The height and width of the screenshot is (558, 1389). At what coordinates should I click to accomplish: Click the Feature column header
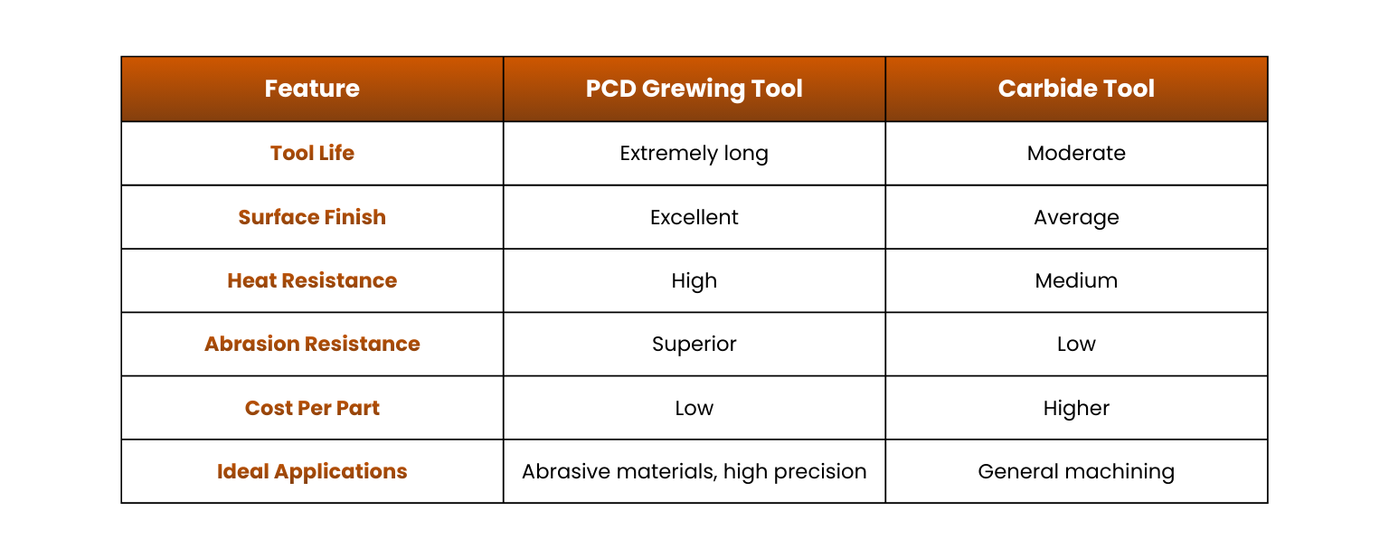click(x=312, y=89)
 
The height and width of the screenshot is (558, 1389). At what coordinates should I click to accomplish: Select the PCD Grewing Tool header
click(x=694, y=90)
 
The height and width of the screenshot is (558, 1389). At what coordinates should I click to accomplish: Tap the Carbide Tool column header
click(x=1076, y=89)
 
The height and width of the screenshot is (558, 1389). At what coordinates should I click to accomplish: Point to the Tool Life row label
click(x=312, y=153)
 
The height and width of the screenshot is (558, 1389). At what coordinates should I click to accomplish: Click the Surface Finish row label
click(x=312, y=217)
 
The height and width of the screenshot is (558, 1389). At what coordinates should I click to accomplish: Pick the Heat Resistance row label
click(x=312, y=280)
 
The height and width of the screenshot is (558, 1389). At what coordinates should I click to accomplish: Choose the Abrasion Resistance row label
click(x=312, y=344)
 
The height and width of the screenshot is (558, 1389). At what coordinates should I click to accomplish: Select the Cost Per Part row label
click(x=312, y=408)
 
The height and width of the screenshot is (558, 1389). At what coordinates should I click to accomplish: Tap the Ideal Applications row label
click(x=312, y=472)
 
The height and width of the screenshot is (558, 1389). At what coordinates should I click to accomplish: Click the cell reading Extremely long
click(x=694, y=154)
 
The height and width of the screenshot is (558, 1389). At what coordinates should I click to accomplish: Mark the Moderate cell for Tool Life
click(x=1076, y=153)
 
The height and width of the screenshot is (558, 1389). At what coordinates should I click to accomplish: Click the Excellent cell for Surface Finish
click(x=694, y=217)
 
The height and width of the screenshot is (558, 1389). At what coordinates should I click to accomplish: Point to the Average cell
click(x=1076, y=218)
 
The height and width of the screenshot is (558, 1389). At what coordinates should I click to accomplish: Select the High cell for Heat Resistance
click(x=694, y=281)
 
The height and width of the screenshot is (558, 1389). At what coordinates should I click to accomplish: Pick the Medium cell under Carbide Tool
click(x=1076, y=280)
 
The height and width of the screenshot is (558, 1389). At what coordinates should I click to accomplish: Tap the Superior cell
click(x=694, y=345)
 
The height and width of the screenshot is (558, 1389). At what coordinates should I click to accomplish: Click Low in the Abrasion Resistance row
click(x=1076, y=344)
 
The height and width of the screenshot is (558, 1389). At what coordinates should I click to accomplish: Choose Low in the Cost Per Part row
click(x=694, y=408)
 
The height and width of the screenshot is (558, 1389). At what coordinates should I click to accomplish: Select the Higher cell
click(x=1076, y=409)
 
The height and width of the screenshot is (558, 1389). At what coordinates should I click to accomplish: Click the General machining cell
click(x=1076, y=472)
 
